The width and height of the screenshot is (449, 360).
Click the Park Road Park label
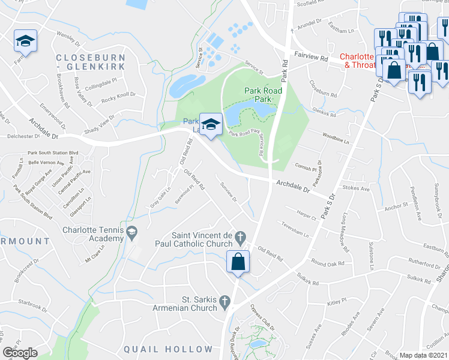(263, 95)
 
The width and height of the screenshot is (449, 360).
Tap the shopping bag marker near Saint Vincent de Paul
(238, 262)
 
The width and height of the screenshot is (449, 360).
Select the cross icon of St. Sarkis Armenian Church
(224, 300)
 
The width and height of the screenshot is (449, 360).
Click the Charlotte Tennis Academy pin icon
(131, 231)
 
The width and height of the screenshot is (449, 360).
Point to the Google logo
(20, 353)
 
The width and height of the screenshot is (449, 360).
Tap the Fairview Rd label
(311, 59)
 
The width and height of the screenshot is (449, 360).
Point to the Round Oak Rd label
(328, 263)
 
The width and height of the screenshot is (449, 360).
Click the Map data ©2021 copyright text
(424, 355)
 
